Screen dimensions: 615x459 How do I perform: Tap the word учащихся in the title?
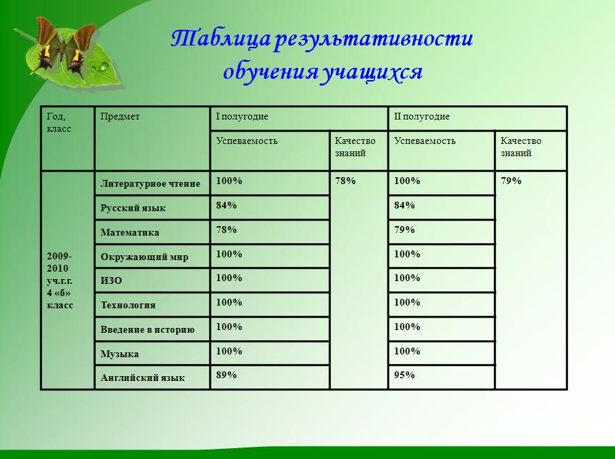(x=372, y=72)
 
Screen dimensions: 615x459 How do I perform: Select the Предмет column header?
(x=120, y=116)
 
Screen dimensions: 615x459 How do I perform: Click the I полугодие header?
(x=242, y=116)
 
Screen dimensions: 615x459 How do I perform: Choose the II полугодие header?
(x=421, y=116)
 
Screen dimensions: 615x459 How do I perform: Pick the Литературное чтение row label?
(x=150, y=183)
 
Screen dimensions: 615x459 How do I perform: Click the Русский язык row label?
(x=133, y=208)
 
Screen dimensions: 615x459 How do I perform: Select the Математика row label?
(x=130, y=232)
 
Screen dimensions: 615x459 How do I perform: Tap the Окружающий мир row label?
(x=144, y=257)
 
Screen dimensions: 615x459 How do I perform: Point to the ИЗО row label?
(x=111, y=280)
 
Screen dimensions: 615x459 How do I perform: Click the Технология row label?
(x=128, y=305)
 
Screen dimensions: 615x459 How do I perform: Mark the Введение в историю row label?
(x=147, y=329)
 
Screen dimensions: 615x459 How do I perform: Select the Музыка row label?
(x=120, y=354)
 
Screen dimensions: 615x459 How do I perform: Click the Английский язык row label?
(x=143, y=378)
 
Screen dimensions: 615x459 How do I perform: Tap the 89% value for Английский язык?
(x=226, y=375)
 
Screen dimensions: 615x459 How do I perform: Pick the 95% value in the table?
(x=404, y=375)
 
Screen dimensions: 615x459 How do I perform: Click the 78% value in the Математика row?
(x=226, y=229)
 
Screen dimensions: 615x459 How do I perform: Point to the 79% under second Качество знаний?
(x=511, y=181)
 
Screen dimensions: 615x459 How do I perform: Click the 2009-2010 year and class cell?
(x=60, y=280)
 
